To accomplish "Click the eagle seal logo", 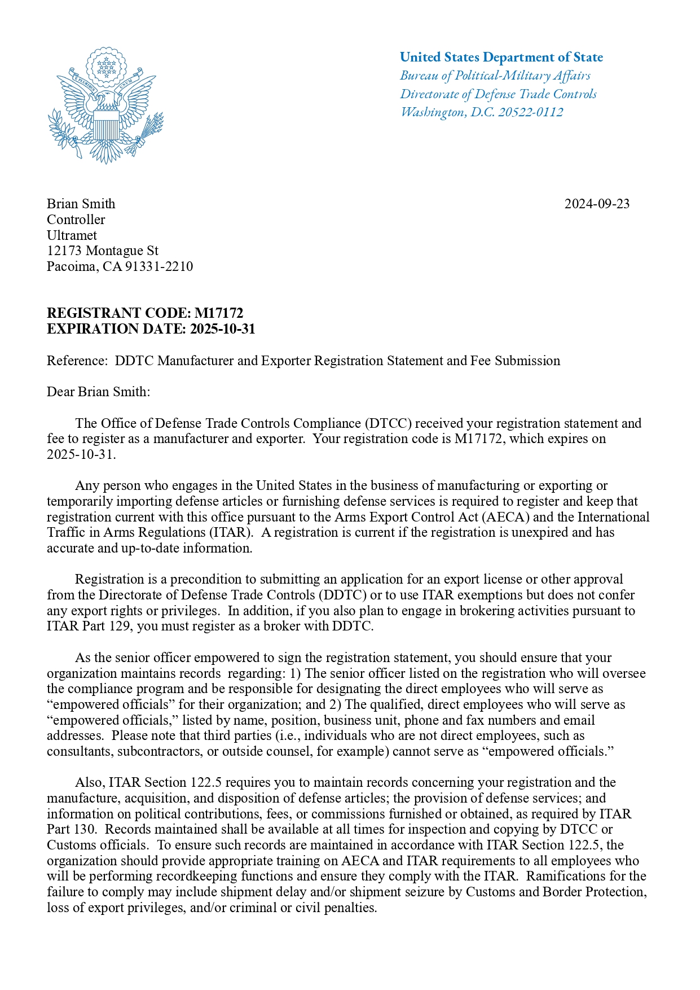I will click(x=105, y=106).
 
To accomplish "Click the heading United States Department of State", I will click(x=501, y=57).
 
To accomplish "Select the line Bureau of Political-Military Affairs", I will click(x=495, y=76).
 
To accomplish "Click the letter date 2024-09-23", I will click(x=597, y=204).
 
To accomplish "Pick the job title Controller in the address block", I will click(x=76, y=220).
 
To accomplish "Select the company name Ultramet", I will click(x=72, y=235).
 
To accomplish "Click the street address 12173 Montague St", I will click(x=102, y=251).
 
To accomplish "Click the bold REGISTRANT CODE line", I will click(x=144, y=313).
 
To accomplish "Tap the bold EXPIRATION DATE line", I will click(x=151, y=329).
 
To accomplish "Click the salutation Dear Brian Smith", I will click(x=98, y=392).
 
